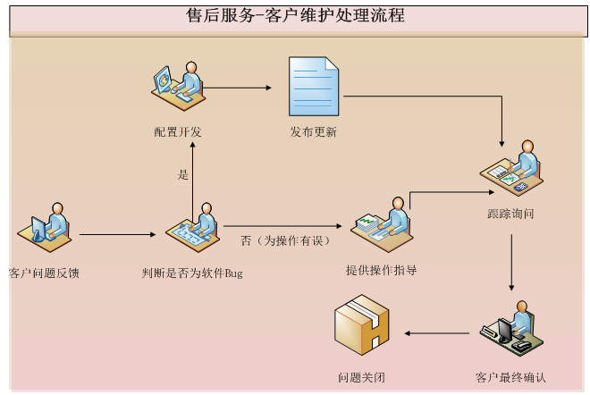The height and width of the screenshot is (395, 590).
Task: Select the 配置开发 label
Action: click(x=177, y=132)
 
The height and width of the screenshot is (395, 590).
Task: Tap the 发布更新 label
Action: click(x=313, y=132)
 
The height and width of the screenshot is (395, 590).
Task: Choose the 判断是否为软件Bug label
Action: click(x=192, y=273)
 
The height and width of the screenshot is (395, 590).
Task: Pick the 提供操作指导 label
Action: click(x=381, y=270)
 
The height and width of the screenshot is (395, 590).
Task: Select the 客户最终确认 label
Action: click(x=510, y=376)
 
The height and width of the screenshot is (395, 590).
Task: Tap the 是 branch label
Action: click(x=183, y=175)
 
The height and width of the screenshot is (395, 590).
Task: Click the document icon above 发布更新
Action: click(x=313, y=86)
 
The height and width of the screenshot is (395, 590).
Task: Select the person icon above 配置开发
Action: click(x=180, y=87)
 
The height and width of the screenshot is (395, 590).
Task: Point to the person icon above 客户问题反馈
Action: click(x=46, y=229)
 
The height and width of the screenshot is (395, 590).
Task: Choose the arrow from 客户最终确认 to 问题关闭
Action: click(x=437, y=333)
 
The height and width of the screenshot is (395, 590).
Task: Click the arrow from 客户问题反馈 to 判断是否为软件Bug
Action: click(x=117, y=235)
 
